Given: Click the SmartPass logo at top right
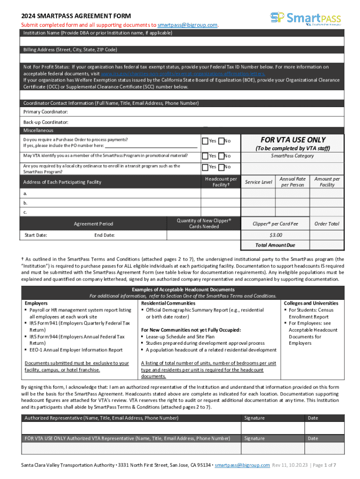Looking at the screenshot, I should click(305, 19).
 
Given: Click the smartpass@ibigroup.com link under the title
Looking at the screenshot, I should click(187, 25).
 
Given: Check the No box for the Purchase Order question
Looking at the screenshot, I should click(221, 141).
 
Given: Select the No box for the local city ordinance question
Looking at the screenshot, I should click(221, 167).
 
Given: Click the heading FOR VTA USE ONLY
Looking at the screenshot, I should click(293, 140).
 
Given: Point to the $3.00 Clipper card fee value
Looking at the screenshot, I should click(276, 235).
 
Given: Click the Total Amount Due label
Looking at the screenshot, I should click(275, 245).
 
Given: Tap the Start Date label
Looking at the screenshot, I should click(36, 235).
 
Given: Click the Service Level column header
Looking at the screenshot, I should click(259, 182).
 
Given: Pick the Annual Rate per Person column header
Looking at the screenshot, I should click(293, 182).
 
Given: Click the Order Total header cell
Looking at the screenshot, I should click(327, 224).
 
